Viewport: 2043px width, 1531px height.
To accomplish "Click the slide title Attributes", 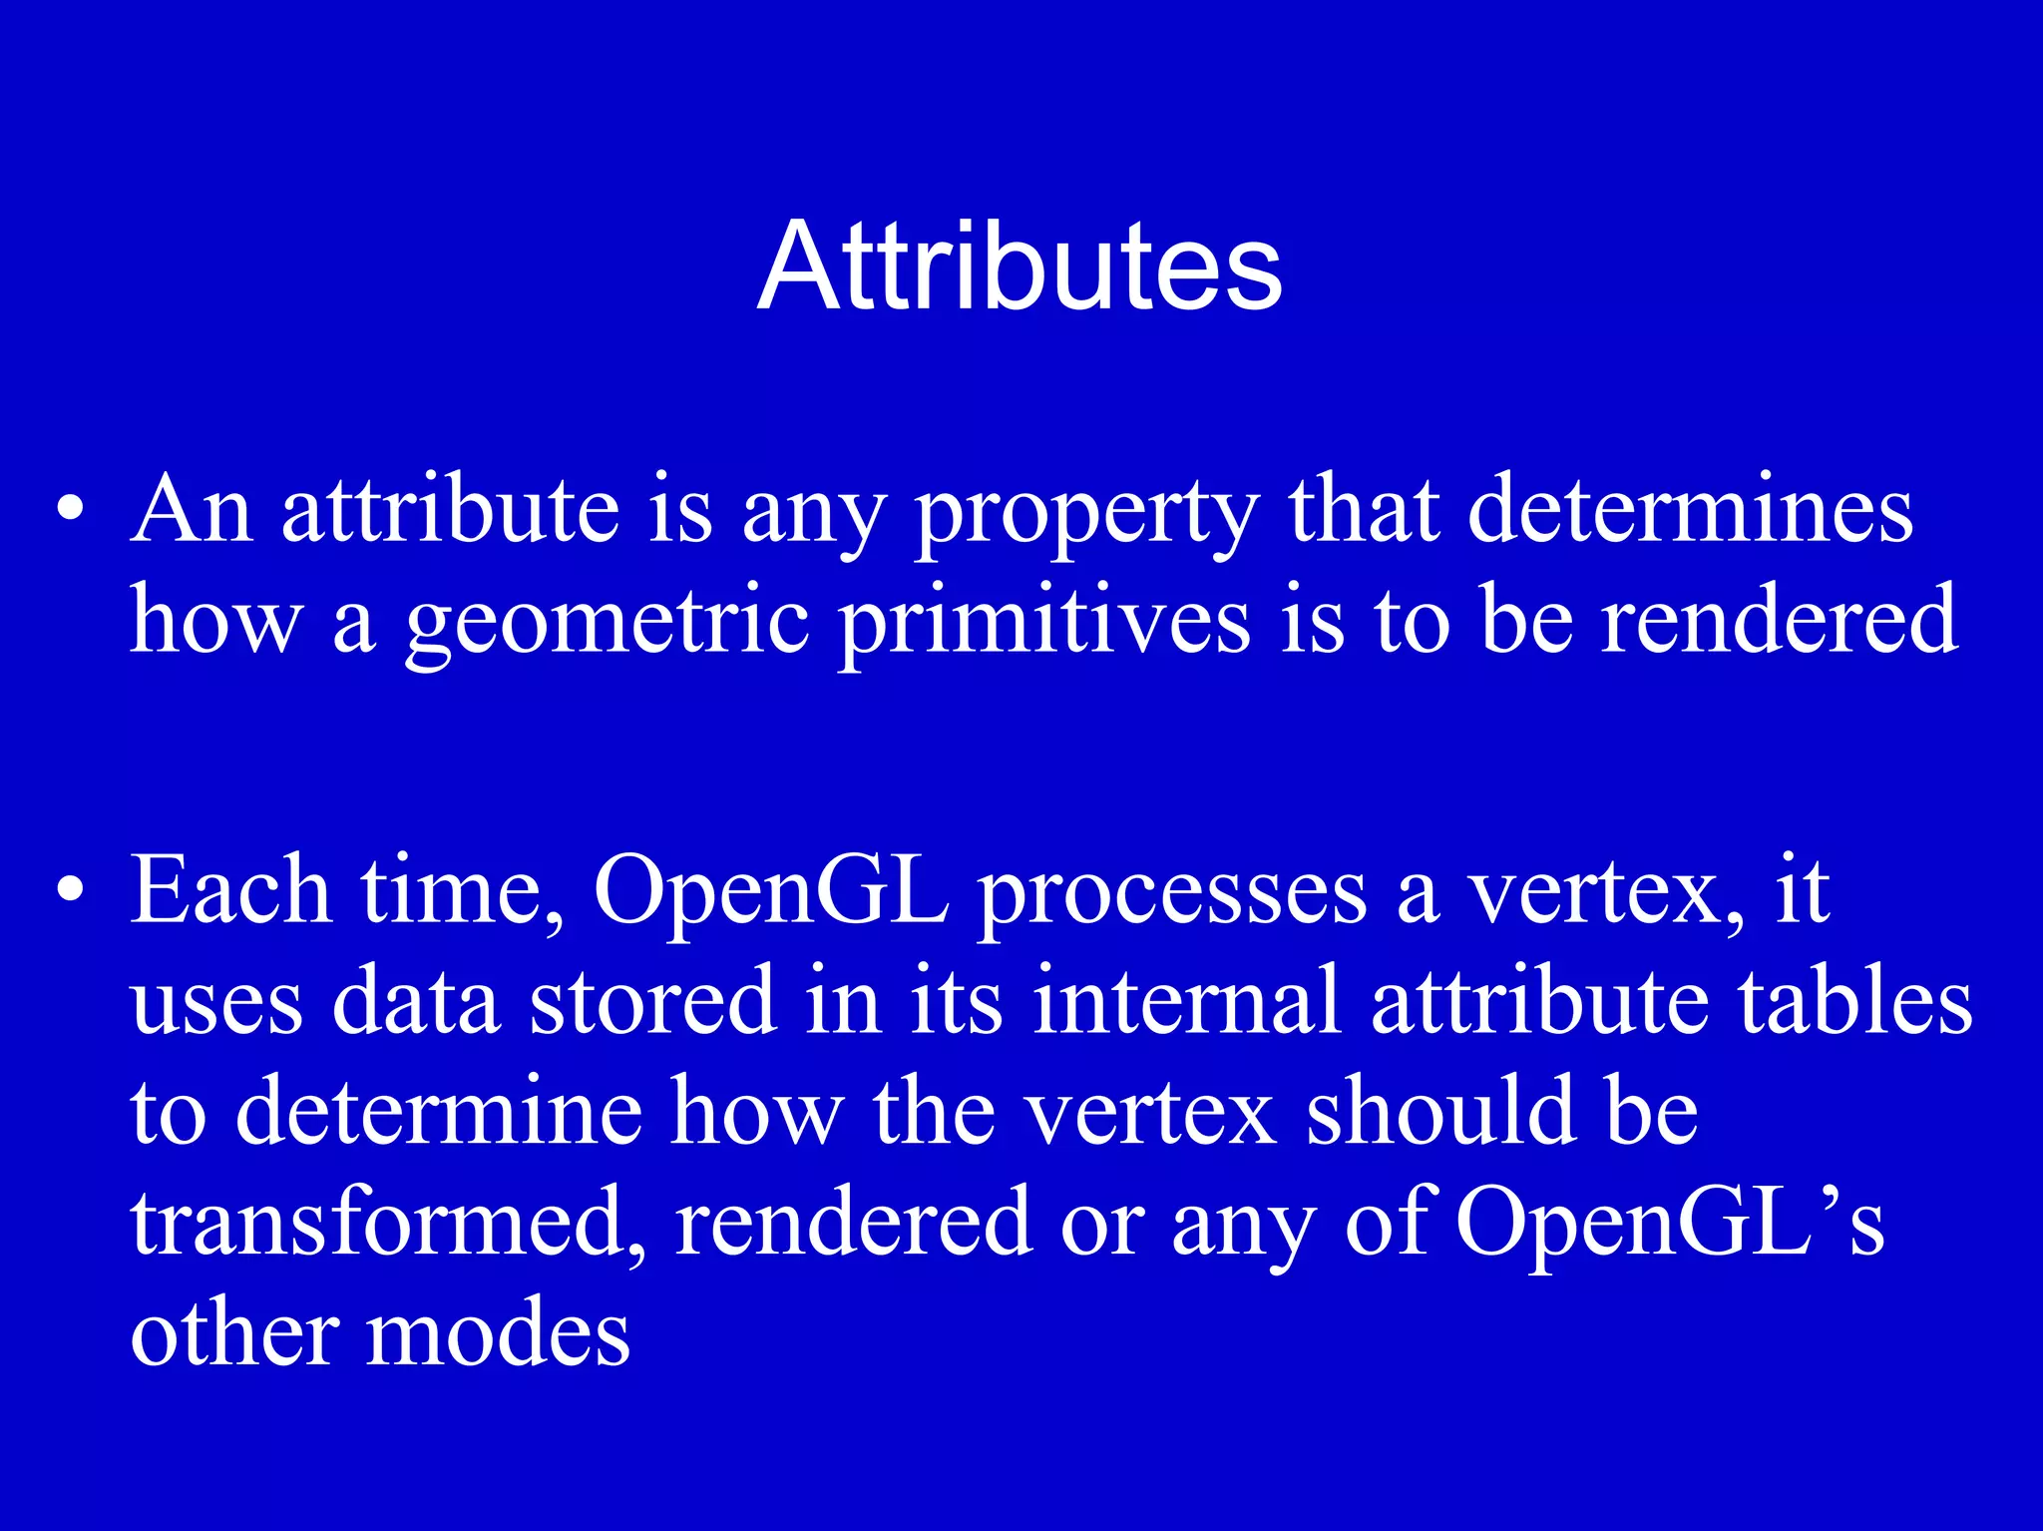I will [1020, 267].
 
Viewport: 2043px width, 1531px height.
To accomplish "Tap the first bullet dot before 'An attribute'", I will [70, 509].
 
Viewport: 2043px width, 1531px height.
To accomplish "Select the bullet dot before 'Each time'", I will [70, 888].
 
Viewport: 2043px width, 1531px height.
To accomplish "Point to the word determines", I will [1691, 509].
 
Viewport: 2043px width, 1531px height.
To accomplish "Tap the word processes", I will [1172, 893].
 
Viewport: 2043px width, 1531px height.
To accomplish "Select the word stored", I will [653, 1000].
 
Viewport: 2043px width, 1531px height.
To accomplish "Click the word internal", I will [1187, 1000].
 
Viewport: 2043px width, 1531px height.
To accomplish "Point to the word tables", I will [1855, 1000].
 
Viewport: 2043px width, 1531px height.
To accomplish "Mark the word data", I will [415, 1000].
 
